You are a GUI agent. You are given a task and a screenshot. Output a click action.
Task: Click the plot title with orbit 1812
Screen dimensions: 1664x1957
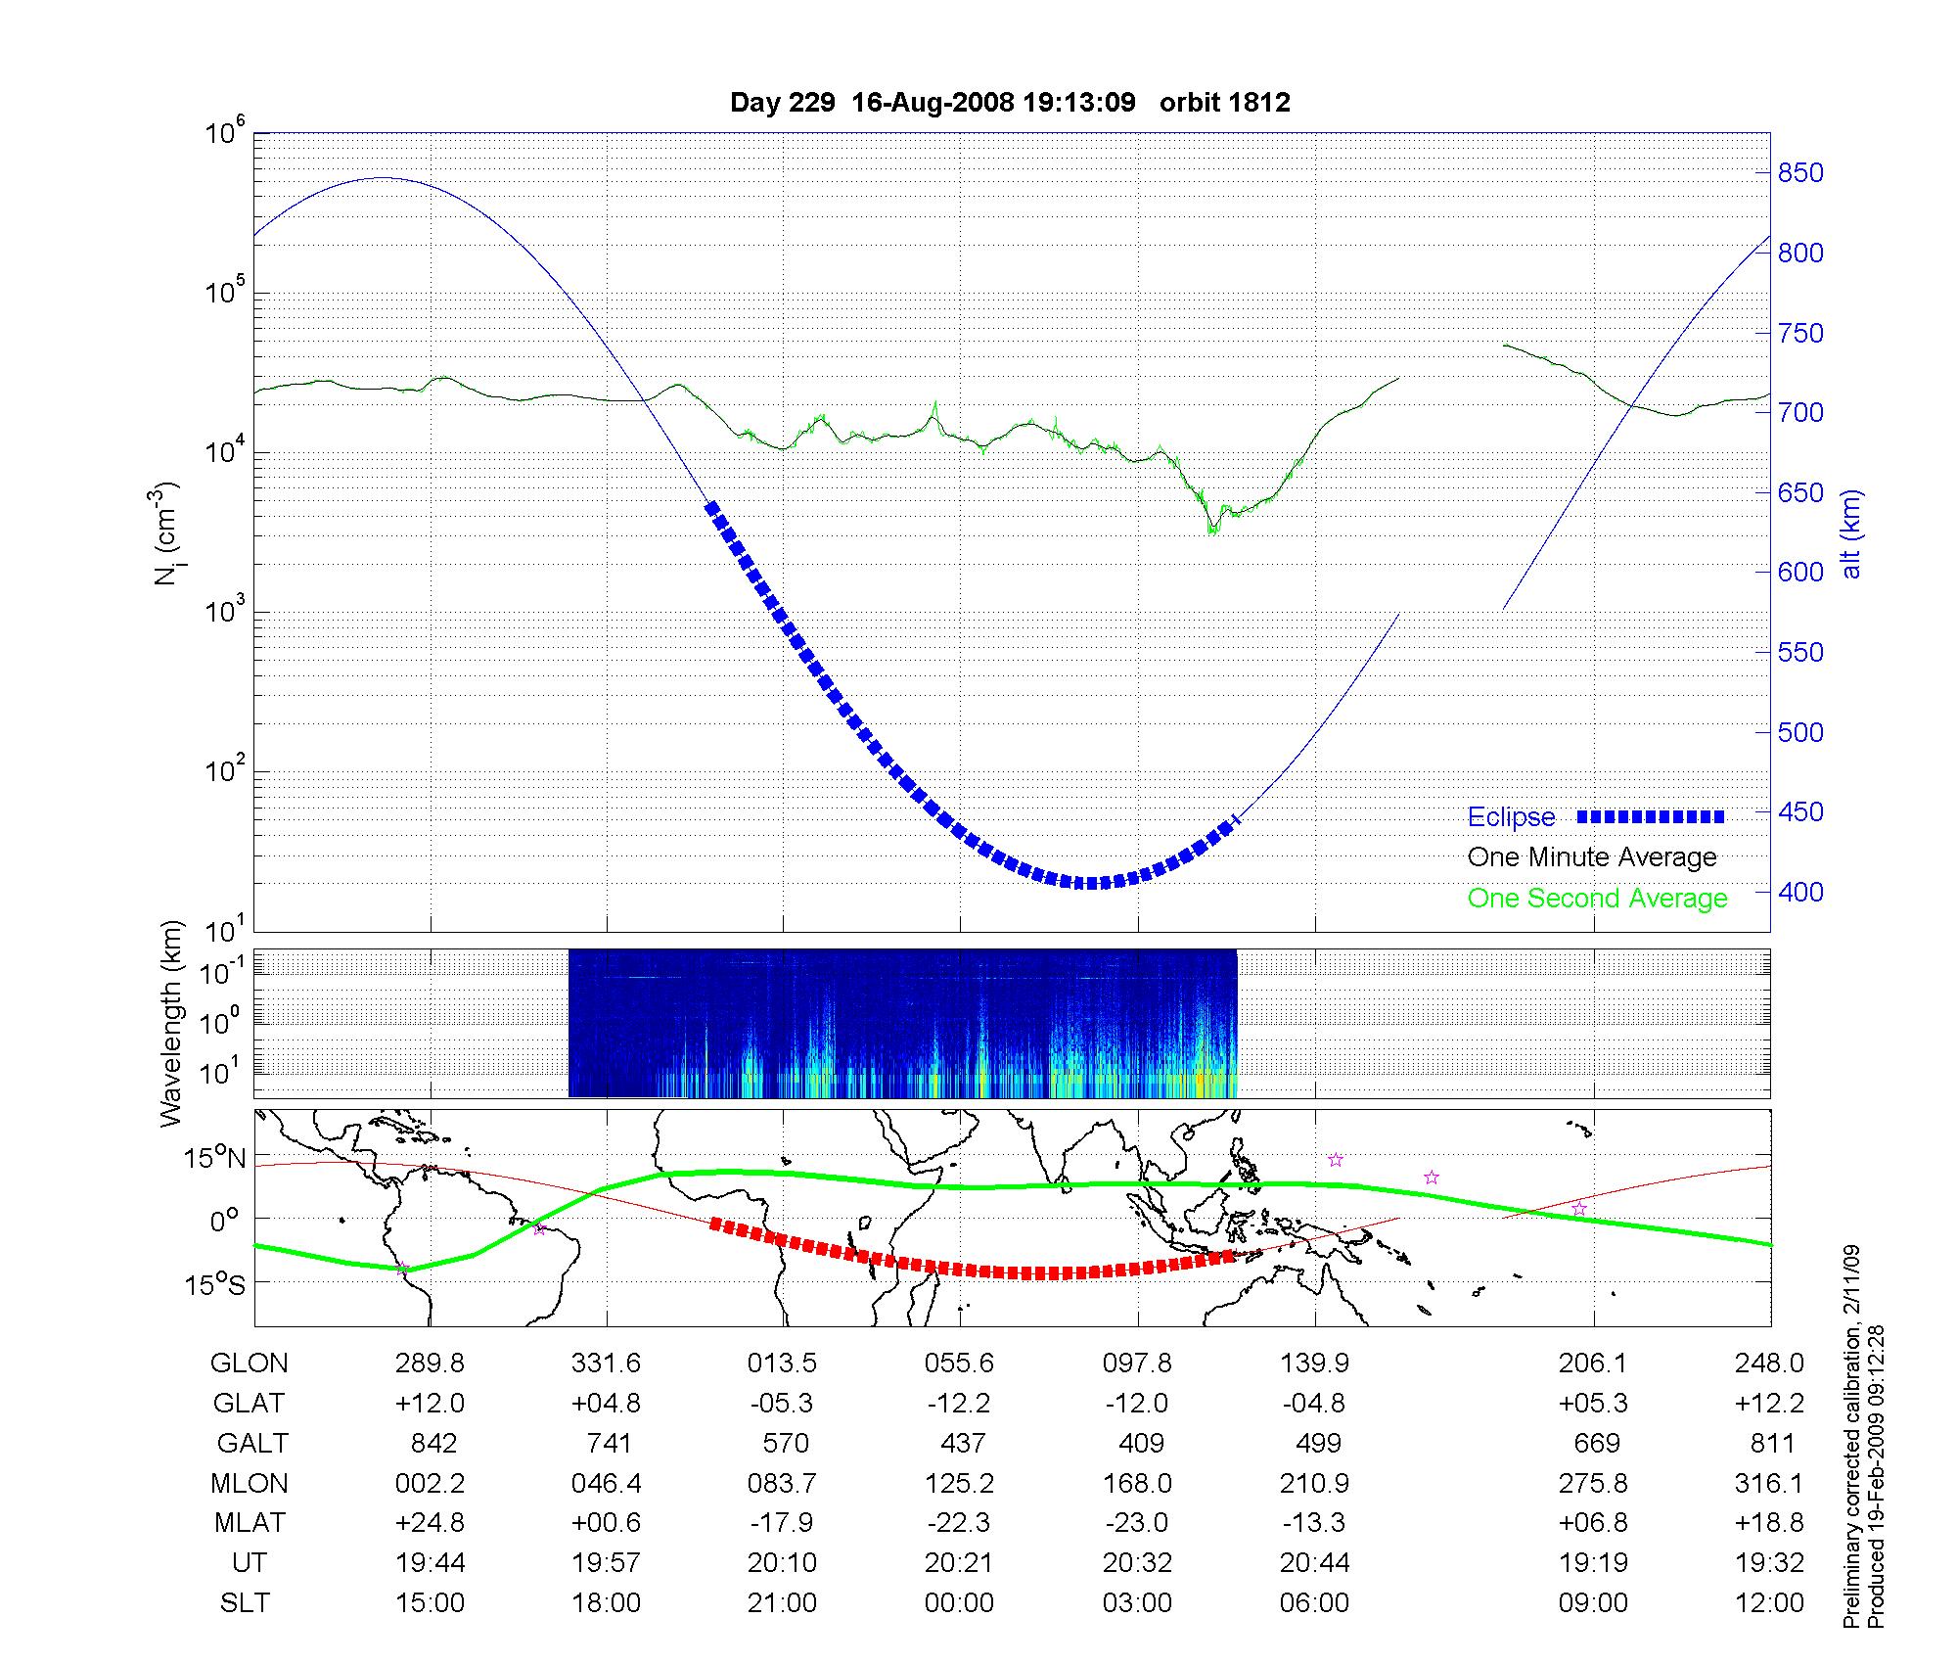click(1010, 102)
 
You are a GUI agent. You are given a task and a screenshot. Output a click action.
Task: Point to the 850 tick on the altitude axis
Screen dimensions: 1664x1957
click(1800, 173)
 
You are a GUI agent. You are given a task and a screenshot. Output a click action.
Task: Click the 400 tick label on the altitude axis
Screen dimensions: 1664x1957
click(1800, 892)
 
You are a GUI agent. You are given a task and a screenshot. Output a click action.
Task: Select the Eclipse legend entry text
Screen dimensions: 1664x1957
click(1511, 817)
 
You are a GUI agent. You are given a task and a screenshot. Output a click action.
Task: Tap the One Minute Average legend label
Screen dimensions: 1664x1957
click(1592, 857)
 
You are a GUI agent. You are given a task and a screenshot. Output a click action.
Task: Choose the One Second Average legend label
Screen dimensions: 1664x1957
click(1597, 899)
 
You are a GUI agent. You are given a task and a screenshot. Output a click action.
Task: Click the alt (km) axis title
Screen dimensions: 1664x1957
click(1851, 533)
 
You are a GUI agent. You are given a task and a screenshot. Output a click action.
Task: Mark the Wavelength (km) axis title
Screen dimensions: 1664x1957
click(170, 1023)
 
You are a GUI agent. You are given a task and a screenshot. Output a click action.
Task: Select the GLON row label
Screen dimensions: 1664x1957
click(250, 1364)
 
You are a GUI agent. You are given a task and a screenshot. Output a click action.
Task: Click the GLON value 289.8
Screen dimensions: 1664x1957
click(431, 1364)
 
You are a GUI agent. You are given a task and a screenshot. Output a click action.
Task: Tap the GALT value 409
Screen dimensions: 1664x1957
click(1140, 1444)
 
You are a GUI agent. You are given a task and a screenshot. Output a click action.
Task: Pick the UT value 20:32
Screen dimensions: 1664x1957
click(1138, 1563)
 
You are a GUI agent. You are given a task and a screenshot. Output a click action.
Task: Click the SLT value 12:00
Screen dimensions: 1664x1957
click(1769, 1603)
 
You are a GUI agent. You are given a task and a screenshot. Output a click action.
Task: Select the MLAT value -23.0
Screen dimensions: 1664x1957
click(1138, 1523)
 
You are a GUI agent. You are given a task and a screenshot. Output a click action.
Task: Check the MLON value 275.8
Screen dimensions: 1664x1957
click(1593, 1484)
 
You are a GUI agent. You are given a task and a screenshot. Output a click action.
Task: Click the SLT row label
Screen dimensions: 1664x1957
click(245, 1603)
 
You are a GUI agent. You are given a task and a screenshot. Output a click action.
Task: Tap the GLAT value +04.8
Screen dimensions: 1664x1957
click(607, 1404)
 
